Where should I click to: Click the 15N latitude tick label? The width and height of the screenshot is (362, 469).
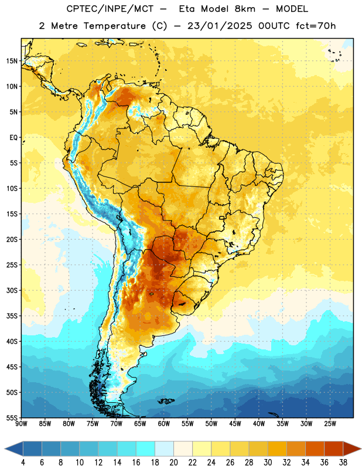[12, 61]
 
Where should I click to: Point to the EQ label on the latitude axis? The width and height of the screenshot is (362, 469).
[13, 138]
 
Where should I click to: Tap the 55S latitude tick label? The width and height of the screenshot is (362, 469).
[12, 418]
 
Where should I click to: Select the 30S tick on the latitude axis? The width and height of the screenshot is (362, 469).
[12, 290]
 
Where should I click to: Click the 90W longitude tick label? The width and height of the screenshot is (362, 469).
[21, 424]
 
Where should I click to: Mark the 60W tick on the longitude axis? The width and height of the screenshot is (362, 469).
[164, 424]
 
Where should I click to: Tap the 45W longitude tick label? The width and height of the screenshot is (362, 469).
[235, 424]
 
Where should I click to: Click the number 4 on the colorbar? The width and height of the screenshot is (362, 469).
[23, 463]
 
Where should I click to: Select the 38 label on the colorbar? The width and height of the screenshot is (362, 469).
[343, 463]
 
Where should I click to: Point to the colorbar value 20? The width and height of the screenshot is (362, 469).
[173, 463]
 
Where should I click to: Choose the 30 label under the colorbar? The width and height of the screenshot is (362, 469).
[268, 463]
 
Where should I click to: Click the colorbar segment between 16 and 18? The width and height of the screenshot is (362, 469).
[146, 448]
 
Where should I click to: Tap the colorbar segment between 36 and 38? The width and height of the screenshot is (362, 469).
[334, 448]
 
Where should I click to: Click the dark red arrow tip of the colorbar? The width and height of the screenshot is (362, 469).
[360, 448]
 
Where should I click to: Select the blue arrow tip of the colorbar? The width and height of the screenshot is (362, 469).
[5, 448]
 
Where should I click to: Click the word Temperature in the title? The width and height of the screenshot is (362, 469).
[114, 26]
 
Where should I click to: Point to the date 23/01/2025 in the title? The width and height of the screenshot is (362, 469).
[220, 26]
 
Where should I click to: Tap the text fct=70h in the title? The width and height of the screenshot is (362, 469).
[316, 26]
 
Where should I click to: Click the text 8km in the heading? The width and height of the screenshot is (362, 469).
[245, 9]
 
